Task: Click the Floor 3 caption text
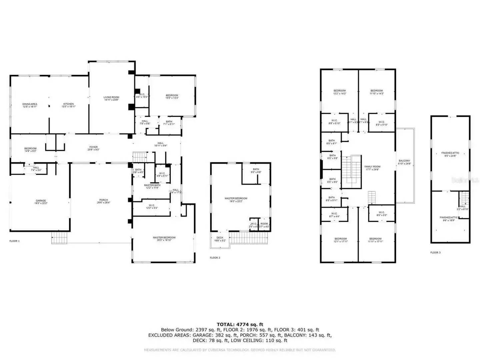pyautogui.click(x=435, y=252)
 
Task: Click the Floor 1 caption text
pyautogui.click(x=14, y=241)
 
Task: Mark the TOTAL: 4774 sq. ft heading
pyautogui.click(x=240, y=324)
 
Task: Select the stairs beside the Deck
pyautogui.click(x=249, y=238)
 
